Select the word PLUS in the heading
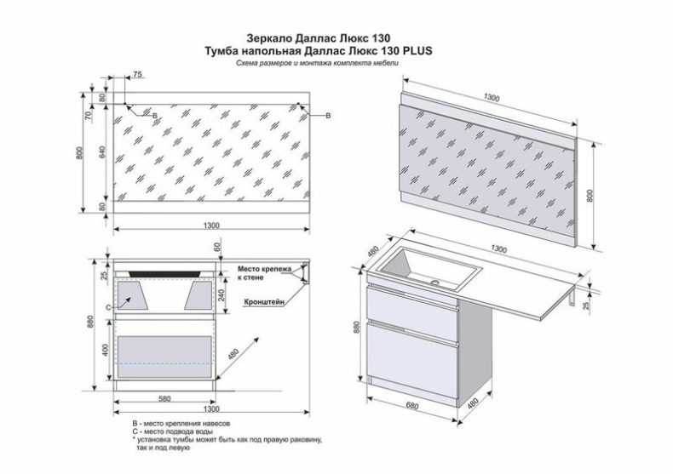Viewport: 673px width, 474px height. [x=413, y=51]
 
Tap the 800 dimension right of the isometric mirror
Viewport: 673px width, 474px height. [x=590, y=194]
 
